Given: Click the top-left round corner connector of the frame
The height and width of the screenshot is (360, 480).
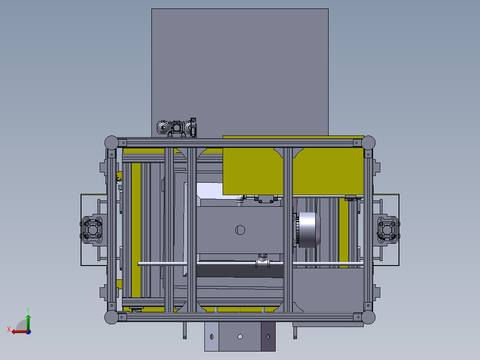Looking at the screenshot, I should tap(111, 143).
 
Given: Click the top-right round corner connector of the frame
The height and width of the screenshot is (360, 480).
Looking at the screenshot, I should tap(368, 143).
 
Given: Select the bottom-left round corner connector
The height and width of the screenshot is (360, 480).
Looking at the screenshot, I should tap(111, 317).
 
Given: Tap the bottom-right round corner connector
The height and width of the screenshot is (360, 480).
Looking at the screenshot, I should tap(368, 317).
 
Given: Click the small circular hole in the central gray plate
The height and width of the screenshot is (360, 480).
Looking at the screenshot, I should tap(240, 230).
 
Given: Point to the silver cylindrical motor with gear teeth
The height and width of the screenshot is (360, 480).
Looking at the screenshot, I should tap(308, 230).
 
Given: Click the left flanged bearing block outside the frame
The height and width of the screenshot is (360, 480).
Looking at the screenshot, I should tap(93, 230).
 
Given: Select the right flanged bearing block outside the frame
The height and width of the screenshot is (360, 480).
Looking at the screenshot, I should tap(387, 230).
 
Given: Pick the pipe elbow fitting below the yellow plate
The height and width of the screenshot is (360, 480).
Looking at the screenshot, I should tap(240, 199).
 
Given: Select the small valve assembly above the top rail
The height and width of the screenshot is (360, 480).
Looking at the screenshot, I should tap(177, 128).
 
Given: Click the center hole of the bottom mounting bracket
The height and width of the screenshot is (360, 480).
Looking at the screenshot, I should tap(240, 336).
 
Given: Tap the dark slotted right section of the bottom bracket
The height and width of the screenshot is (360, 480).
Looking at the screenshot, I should tap(268, 336).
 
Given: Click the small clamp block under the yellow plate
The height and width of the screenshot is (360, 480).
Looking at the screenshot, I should tap(267, 199).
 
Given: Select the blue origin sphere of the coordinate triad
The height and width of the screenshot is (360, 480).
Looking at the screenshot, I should tap(28, 331).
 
